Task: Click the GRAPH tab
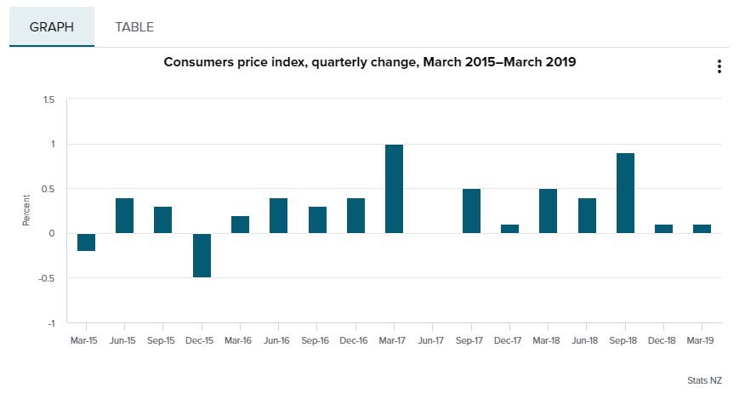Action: click(52, 27)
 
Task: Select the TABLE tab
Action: click(134, 27)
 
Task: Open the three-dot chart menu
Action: click(719, 66)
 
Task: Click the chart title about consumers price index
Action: click(370, 62)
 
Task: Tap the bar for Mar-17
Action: click(394, 189)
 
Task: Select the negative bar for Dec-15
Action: click(202, 255)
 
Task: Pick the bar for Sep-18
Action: click(625, 193)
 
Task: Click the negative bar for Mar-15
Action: click(86, 242)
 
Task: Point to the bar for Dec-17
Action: click(509, 229)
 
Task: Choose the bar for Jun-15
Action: click(124, 215)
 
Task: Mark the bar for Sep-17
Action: click(471, 211)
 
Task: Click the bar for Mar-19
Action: click(702, 229)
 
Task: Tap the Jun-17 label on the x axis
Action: click(432, 340)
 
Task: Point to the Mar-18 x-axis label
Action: click(548, 340)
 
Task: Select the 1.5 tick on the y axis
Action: click(48, 100)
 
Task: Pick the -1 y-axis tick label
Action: click(50, 323)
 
